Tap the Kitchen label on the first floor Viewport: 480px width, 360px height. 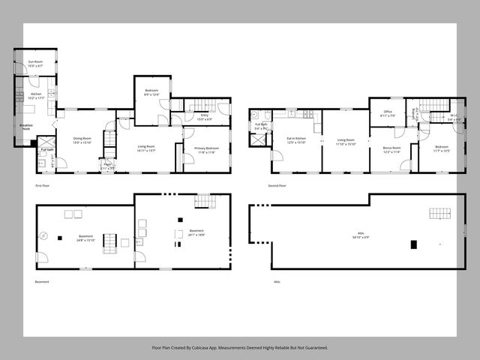tap(36, 94)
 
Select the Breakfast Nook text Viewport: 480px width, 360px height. tap(26, 127)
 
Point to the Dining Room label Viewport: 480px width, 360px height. tap(82, 138)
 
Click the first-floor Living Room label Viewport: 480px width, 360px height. tap(146, 146)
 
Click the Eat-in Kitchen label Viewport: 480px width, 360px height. tap(295, 139)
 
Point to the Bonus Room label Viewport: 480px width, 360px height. tap(391, 148)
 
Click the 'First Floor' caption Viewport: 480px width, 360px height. tap(43, 185)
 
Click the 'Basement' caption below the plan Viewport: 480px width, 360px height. tap(42, 282)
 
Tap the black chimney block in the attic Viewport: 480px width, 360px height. tap(413, 244)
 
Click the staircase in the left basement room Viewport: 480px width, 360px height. tap(109, 241)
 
